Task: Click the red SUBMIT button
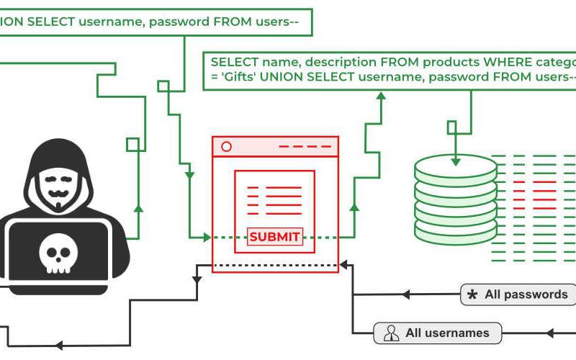pyautogui.click(x=274, y=237)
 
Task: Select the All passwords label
pyautogui.click(x=526, y=294)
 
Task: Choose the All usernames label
pyautogui.click(x=447, y=333)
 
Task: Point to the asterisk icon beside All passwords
pyautogui.click(x=472, y=294)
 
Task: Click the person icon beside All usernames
pyautogui.click(x=391, y=333)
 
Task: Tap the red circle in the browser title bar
pyautogui.click(x=226, y=147)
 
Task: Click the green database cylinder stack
pyautogui.click(x=455, y=199)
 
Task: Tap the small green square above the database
pyautogui.click(x=451, y=127)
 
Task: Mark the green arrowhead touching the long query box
pyautogui.click(x=382, y=96)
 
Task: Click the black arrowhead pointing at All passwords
pyautogui.click(x=406, y=294)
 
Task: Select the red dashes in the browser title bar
pyautogui.click(x=306, y=147)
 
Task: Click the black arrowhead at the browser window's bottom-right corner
pyautogui.click(x=344, y=266)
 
